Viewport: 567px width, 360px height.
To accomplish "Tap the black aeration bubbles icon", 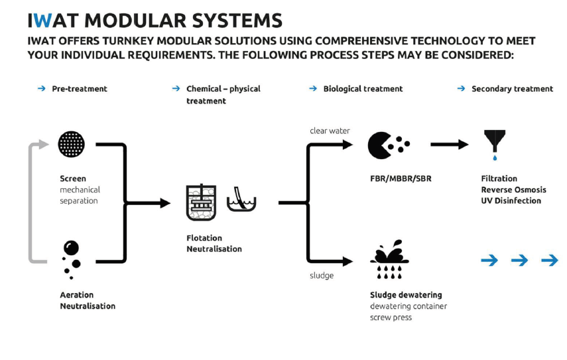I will [71, 257].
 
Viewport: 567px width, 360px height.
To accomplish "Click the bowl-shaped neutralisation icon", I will [241, 200].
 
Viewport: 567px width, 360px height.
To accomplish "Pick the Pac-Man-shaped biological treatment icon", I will [380, 145].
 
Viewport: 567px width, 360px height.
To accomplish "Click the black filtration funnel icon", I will [495, 141].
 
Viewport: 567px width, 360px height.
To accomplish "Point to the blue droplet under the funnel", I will [495, 159].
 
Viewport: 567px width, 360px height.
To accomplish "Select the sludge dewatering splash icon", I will [389, 259].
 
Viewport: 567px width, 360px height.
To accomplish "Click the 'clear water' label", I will [330, 131].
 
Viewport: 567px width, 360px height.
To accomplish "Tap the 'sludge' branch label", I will [322, 275].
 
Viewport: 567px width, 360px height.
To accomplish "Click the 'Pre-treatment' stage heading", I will [80, 89].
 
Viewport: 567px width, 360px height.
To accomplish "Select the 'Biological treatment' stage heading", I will [363, 89].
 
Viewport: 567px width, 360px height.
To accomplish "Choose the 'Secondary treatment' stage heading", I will [512, 89].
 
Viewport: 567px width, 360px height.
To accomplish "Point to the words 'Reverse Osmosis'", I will [514, 190].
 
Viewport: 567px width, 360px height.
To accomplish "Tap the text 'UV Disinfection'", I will [511, 201].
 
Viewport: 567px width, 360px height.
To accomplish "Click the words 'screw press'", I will [391, 318].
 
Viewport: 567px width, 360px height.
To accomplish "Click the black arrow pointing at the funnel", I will [451, 145].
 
